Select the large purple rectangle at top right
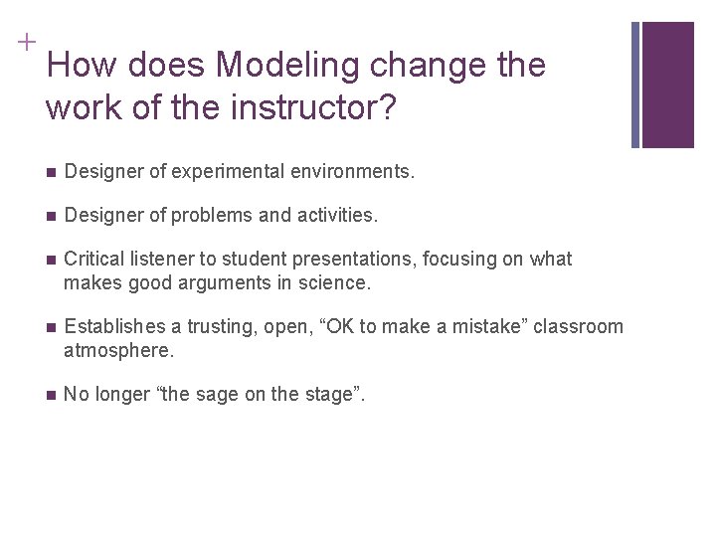point(668,85)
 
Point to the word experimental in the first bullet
point(223,172)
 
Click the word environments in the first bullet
point(344,172)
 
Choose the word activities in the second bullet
point(337,215)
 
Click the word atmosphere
point(117,351)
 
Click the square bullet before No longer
point(51,395)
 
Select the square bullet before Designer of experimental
point(51,172)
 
